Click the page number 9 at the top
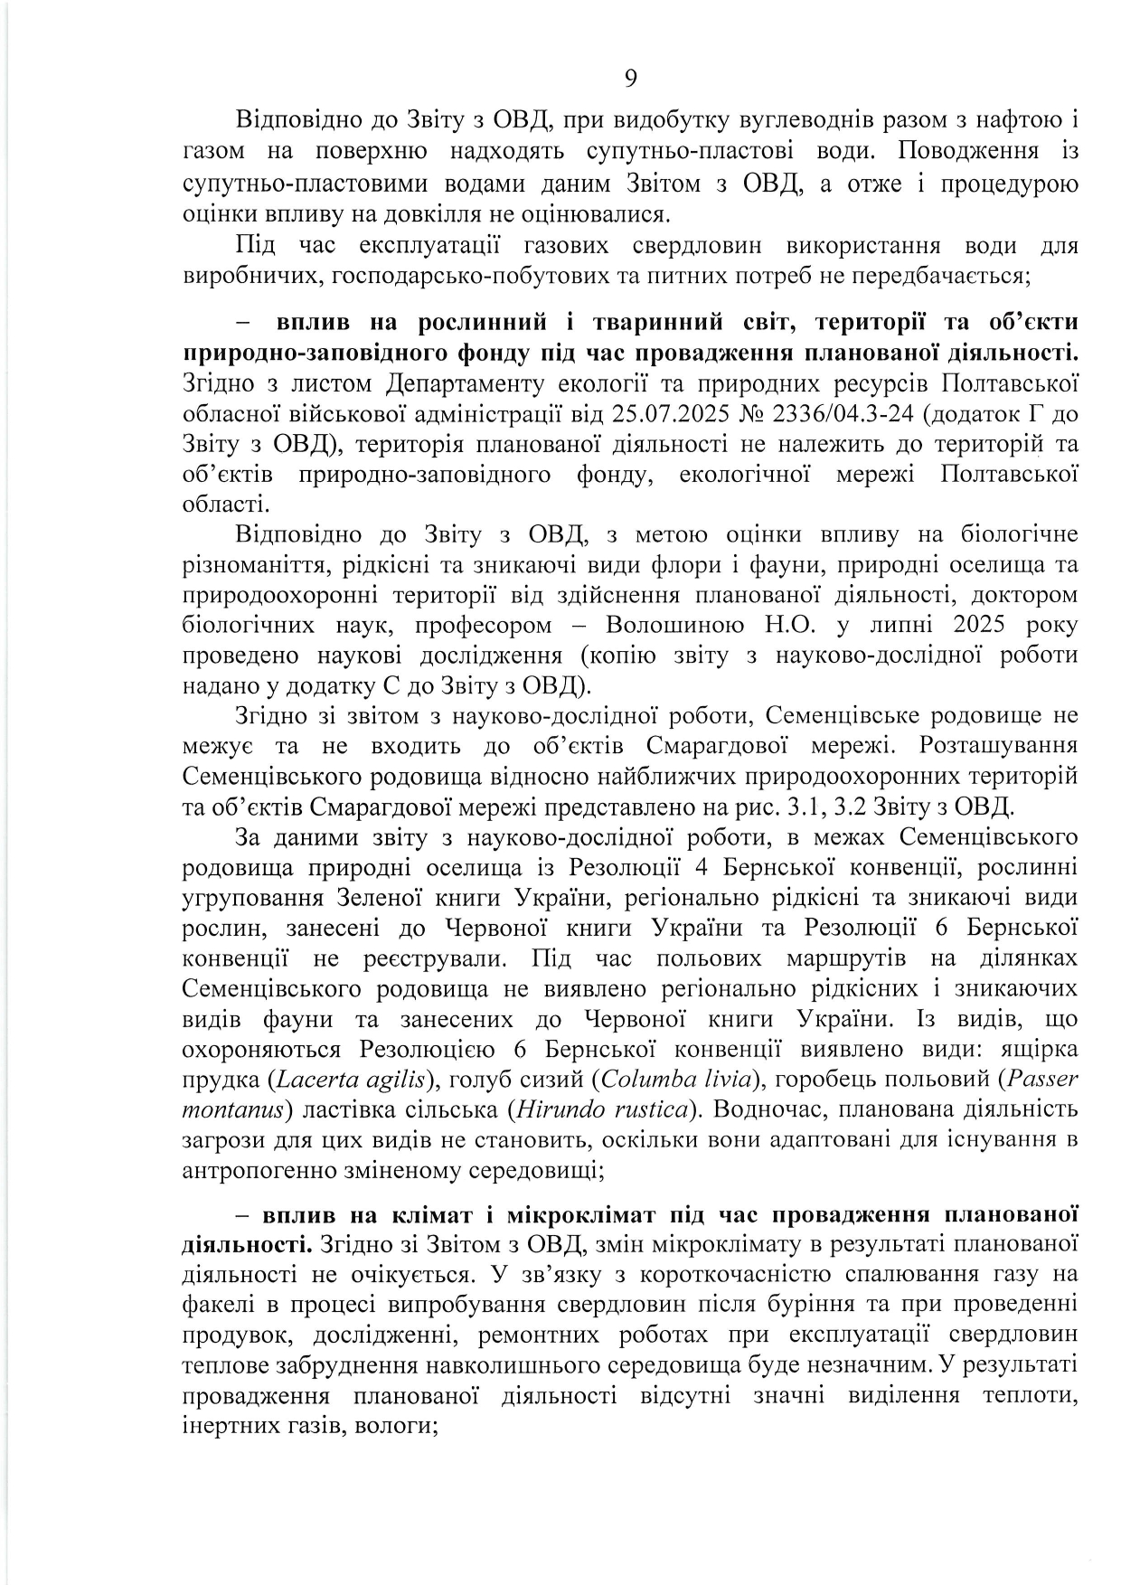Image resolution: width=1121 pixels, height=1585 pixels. [x=630, y=79]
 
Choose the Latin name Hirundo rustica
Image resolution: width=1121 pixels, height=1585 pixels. [x=600, y=1109]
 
